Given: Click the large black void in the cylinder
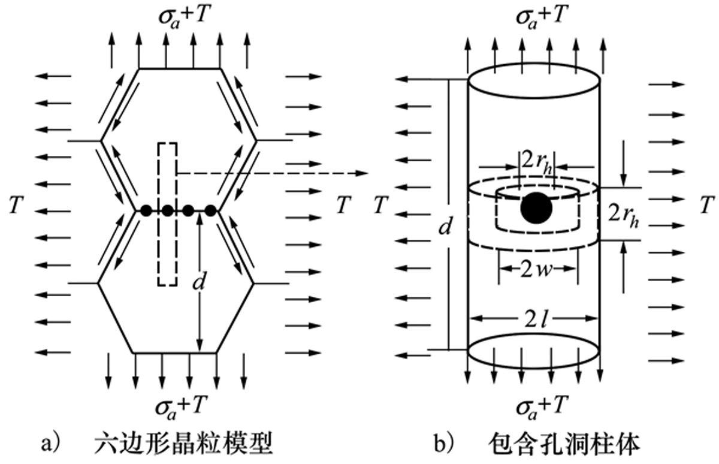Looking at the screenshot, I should pos(536,207).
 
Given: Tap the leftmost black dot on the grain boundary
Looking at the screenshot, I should pos(145,210).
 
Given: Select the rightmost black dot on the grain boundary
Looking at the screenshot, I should pos(210,210).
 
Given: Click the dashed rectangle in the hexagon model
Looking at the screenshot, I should pos(167,213).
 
